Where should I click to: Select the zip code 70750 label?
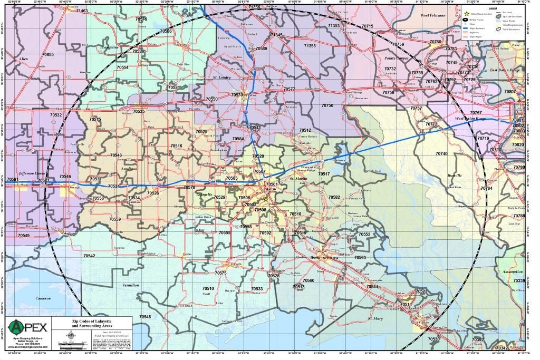(327, 105)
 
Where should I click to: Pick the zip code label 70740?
(441, 153)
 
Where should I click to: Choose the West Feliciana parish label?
(433, 16)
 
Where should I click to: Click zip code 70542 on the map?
(89, 256)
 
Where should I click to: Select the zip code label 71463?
(82, 11)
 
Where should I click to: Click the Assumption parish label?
(513, 271)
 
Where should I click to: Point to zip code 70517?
(324, 174)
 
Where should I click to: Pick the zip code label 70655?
(48, 55)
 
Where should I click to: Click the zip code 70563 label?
(360, 257)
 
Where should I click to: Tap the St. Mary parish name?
(375, 318)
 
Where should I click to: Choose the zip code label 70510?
(208, 289)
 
